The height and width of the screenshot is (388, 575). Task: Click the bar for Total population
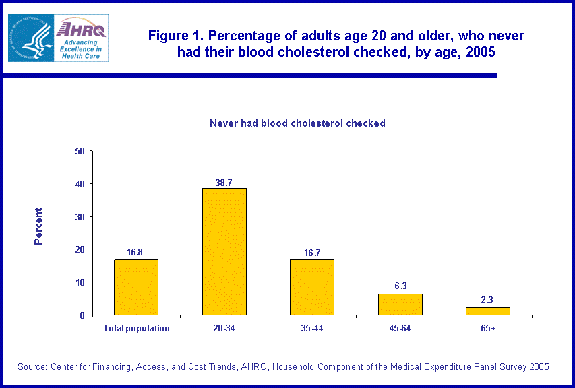(136, 287)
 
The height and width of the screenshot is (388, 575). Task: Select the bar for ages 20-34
(224, 251)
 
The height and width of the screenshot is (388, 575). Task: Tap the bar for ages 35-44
(311, 287)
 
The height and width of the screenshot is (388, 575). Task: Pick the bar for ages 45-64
(400, 304)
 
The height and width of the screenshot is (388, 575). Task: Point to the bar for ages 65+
(487, 311)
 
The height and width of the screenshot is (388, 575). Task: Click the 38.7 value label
(224, 183)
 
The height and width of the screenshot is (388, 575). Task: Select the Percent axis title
(38, 226)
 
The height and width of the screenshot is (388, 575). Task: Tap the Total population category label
(136, 329)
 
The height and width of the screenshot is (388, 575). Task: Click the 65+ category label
(487, 329)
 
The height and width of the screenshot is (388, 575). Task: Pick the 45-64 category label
(400, 329)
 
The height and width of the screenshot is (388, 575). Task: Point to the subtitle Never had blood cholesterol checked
(297, 123)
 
